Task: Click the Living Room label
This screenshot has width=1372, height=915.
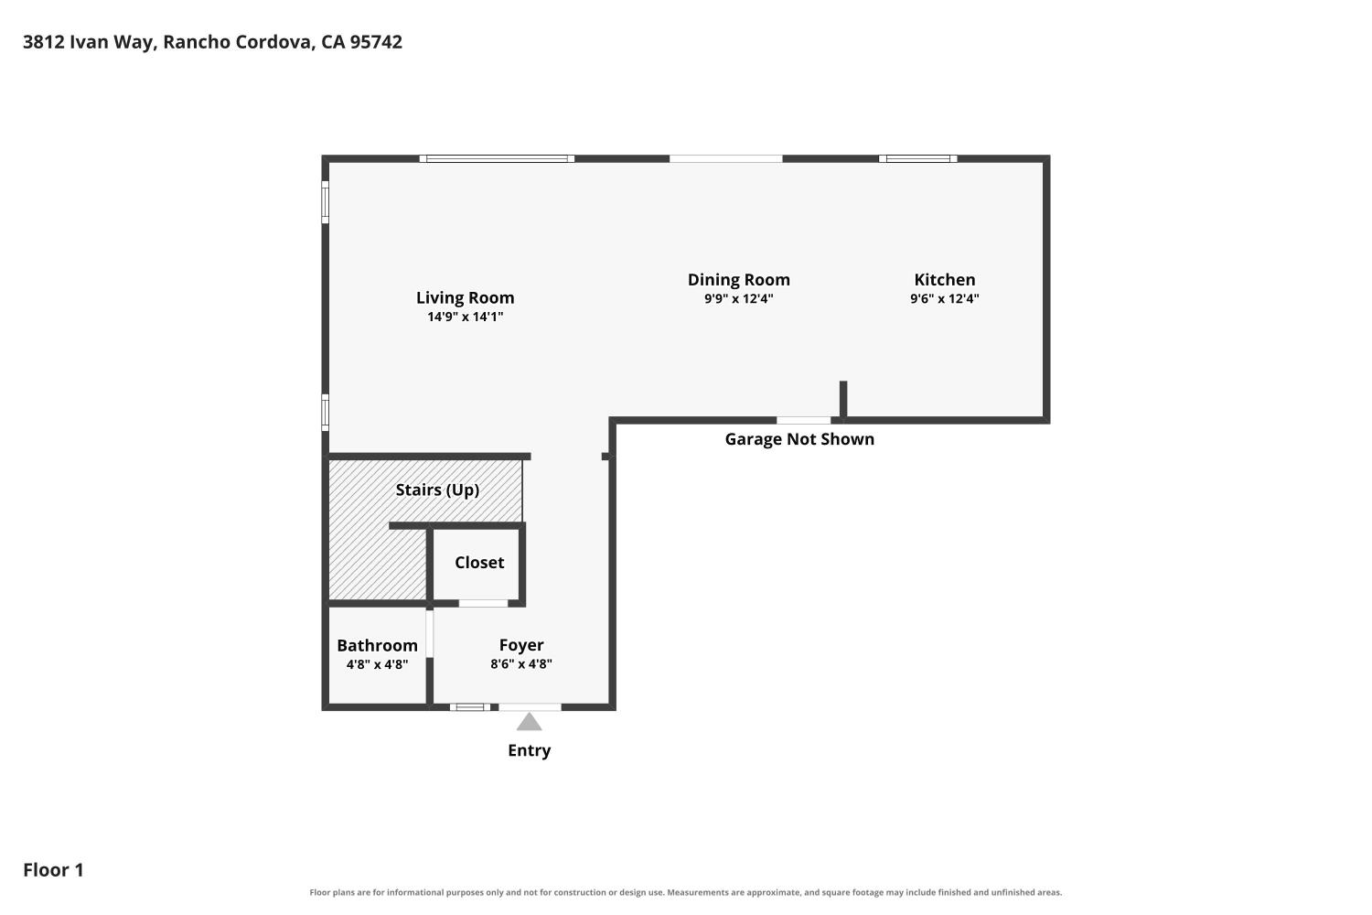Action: click(x=465, y=297)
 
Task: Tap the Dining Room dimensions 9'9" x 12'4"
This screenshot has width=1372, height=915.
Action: click(x=739, y=298)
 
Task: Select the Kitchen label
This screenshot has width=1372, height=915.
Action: click(x=945, y=279)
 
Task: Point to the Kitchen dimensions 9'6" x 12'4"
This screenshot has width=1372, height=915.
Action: click(x=945, y=298)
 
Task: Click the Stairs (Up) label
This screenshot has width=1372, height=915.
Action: click(x=437, y=490)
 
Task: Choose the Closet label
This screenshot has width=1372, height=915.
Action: click(x=479, y=562)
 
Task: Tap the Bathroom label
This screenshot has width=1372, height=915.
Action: click(x=377, y=645)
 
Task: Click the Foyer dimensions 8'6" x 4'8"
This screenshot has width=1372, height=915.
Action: click(x=521, y=663)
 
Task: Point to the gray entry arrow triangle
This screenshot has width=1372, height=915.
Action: click(x=530, y=722)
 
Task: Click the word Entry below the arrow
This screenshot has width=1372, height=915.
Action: click(x=530, y=750)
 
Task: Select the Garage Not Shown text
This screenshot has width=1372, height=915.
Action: click(x=799, y=439)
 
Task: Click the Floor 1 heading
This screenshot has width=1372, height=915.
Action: click(x=53, y=869)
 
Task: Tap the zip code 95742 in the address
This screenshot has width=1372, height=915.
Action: click(x=376, y=42)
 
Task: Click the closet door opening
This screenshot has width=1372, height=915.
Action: click(x=483, y=603)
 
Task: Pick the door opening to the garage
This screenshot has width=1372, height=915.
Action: click(x=804, y=420)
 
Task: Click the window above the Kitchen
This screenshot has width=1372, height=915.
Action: click(x=918, y=158)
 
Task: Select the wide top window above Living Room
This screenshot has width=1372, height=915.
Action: click(x=497, y=158)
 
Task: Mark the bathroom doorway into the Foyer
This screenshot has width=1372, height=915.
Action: click(x=430, y=634)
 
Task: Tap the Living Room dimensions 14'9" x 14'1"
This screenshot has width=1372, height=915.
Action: click(x=465, y=317)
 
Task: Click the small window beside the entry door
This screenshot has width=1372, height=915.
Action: click(x=470, y=707)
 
